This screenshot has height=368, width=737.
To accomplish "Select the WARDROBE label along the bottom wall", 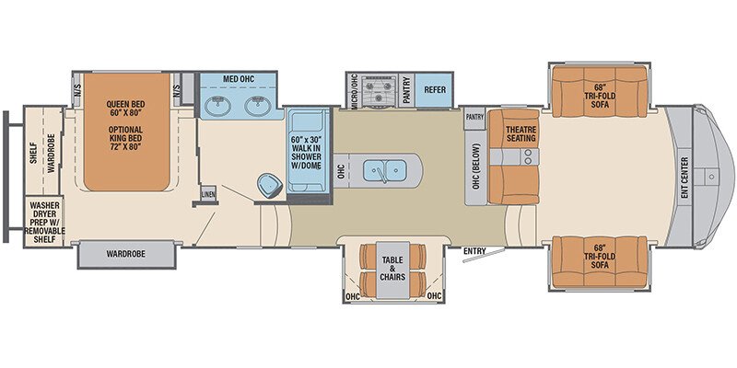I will tap(126, 253).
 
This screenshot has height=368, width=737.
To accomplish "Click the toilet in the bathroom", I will tap(269, 183).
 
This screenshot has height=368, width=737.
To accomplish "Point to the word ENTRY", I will tap(474, 249).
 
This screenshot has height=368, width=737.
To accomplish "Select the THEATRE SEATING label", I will tap(520, 133).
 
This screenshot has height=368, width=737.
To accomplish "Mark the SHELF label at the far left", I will tap(32, 150).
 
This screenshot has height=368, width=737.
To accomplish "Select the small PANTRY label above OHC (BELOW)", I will tap(474, 117).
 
